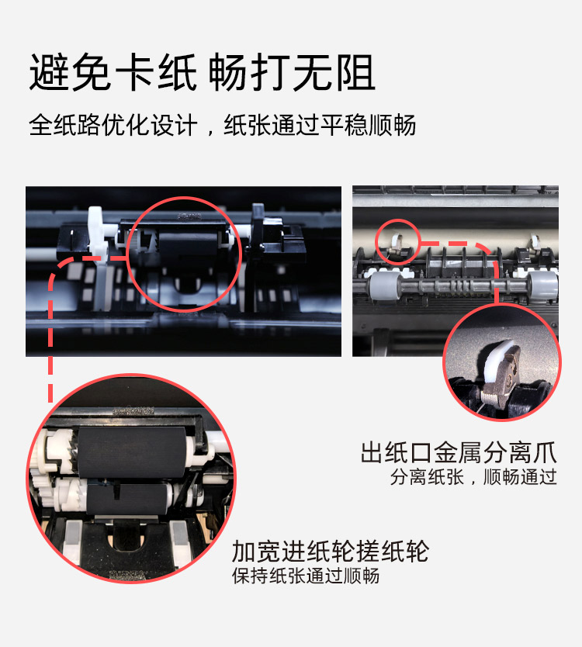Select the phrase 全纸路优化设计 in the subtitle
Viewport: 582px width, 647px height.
click(113, 125)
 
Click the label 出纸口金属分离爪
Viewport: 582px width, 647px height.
click(459, 452)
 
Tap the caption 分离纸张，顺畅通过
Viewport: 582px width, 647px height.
click(473, 477)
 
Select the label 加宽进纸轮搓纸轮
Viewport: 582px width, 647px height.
click(330, 552)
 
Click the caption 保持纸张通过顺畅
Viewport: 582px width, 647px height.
click(305, 576)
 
